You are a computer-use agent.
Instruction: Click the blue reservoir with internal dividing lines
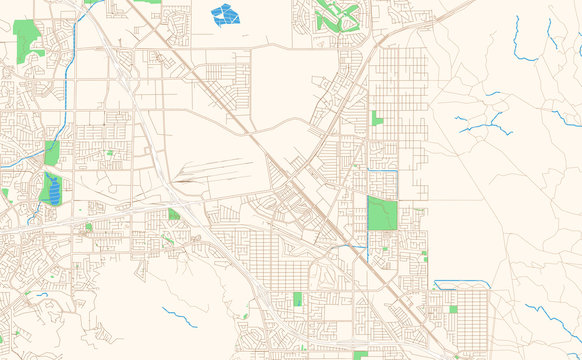[225, 14]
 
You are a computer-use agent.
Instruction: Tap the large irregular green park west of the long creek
[27, 38]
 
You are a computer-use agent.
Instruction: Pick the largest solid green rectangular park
[381, 213]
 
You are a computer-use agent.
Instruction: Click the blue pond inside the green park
[53, 189]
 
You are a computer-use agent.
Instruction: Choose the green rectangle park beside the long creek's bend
[52, 152]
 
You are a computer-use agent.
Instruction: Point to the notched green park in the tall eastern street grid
[377, 118]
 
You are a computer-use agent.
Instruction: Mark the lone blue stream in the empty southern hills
[180, 317]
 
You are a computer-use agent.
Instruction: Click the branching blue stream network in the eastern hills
[480, 123]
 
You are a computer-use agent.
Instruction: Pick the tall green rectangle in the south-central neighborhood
[297, 299]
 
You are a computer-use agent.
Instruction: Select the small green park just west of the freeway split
[174, 214]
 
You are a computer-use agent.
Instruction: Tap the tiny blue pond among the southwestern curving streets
[43, 294]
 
